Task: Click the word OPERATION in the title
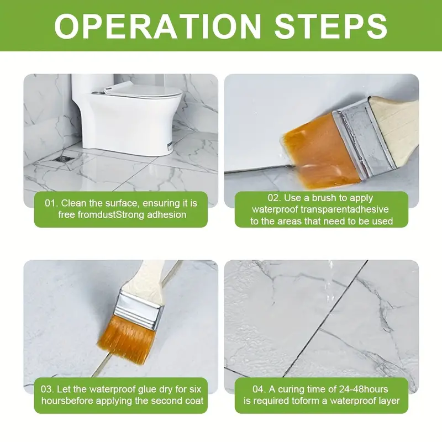[157, 25]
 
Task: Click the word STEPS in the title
[330, 25]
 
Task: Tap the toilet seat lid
[143, 91]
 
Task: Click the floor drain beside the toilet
[65, 159]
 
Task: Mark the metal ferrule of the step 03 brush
[140, 309]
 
